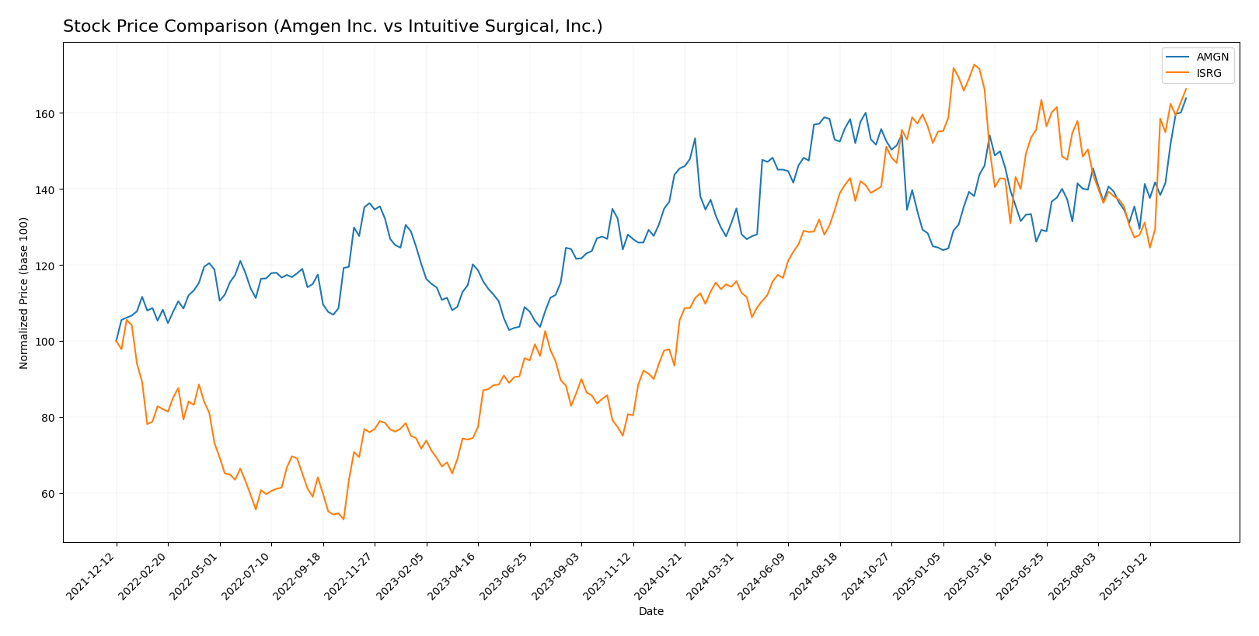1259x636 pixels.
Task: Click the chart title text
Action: [x=333, y=27]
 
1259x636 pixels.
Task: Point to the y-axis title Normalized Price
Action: [x=24, y=293]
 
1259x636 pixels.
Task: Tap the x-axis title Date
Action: [x=650, y=612]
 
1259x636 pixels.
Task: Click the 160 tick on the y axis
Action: [x=47, y=113]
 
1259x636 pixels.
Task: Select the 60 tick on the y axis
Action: [x=51, y=494]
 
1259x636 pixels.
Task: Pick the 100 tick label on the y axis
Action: [x=47, y=342]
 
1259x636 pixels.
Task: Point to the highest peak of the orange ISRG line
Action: [x=974, y=64]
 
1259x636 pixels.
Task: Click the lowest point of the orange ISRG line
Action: [x=344, y=519]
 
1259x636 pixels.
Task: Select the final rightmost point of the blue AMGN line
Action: [x=1186, y=98]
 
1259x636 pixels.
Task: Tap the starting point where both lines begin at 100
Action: [x=117, y=341]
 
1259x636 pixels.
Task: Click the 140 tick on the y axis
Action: [x=47, y=189]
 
